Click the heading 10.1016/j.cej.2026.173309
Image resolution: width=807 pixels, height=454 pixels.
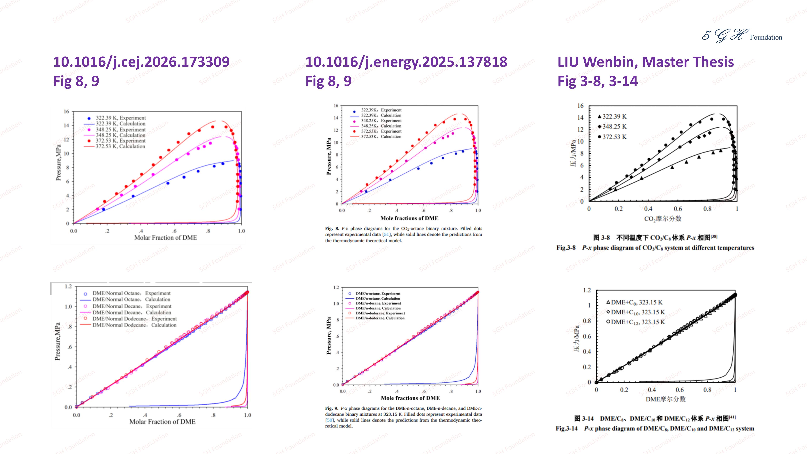[x=141, y=62]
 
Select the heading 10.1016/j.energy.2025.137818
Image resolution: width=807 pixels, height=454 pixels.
[x=406, y=62]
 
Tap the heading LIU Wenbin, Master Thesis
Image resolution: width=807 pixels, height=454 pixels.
[x=645, y=62]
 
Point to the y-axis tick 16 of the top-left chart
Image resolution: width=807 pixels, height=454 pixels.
[x=66, y=112]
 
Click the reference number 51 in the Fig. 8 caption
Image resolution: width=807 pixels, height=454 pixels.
[x=386, y=234]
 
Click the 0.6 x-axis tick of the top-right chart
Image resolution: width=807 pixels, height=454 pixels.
[x=678, y=209]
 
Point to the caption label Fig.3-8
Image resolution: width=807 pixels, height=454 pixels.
[x=566, y=248]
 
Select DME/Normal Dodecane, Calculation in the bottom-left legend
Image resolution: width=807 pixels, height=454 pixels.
[x=134, y=325]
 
